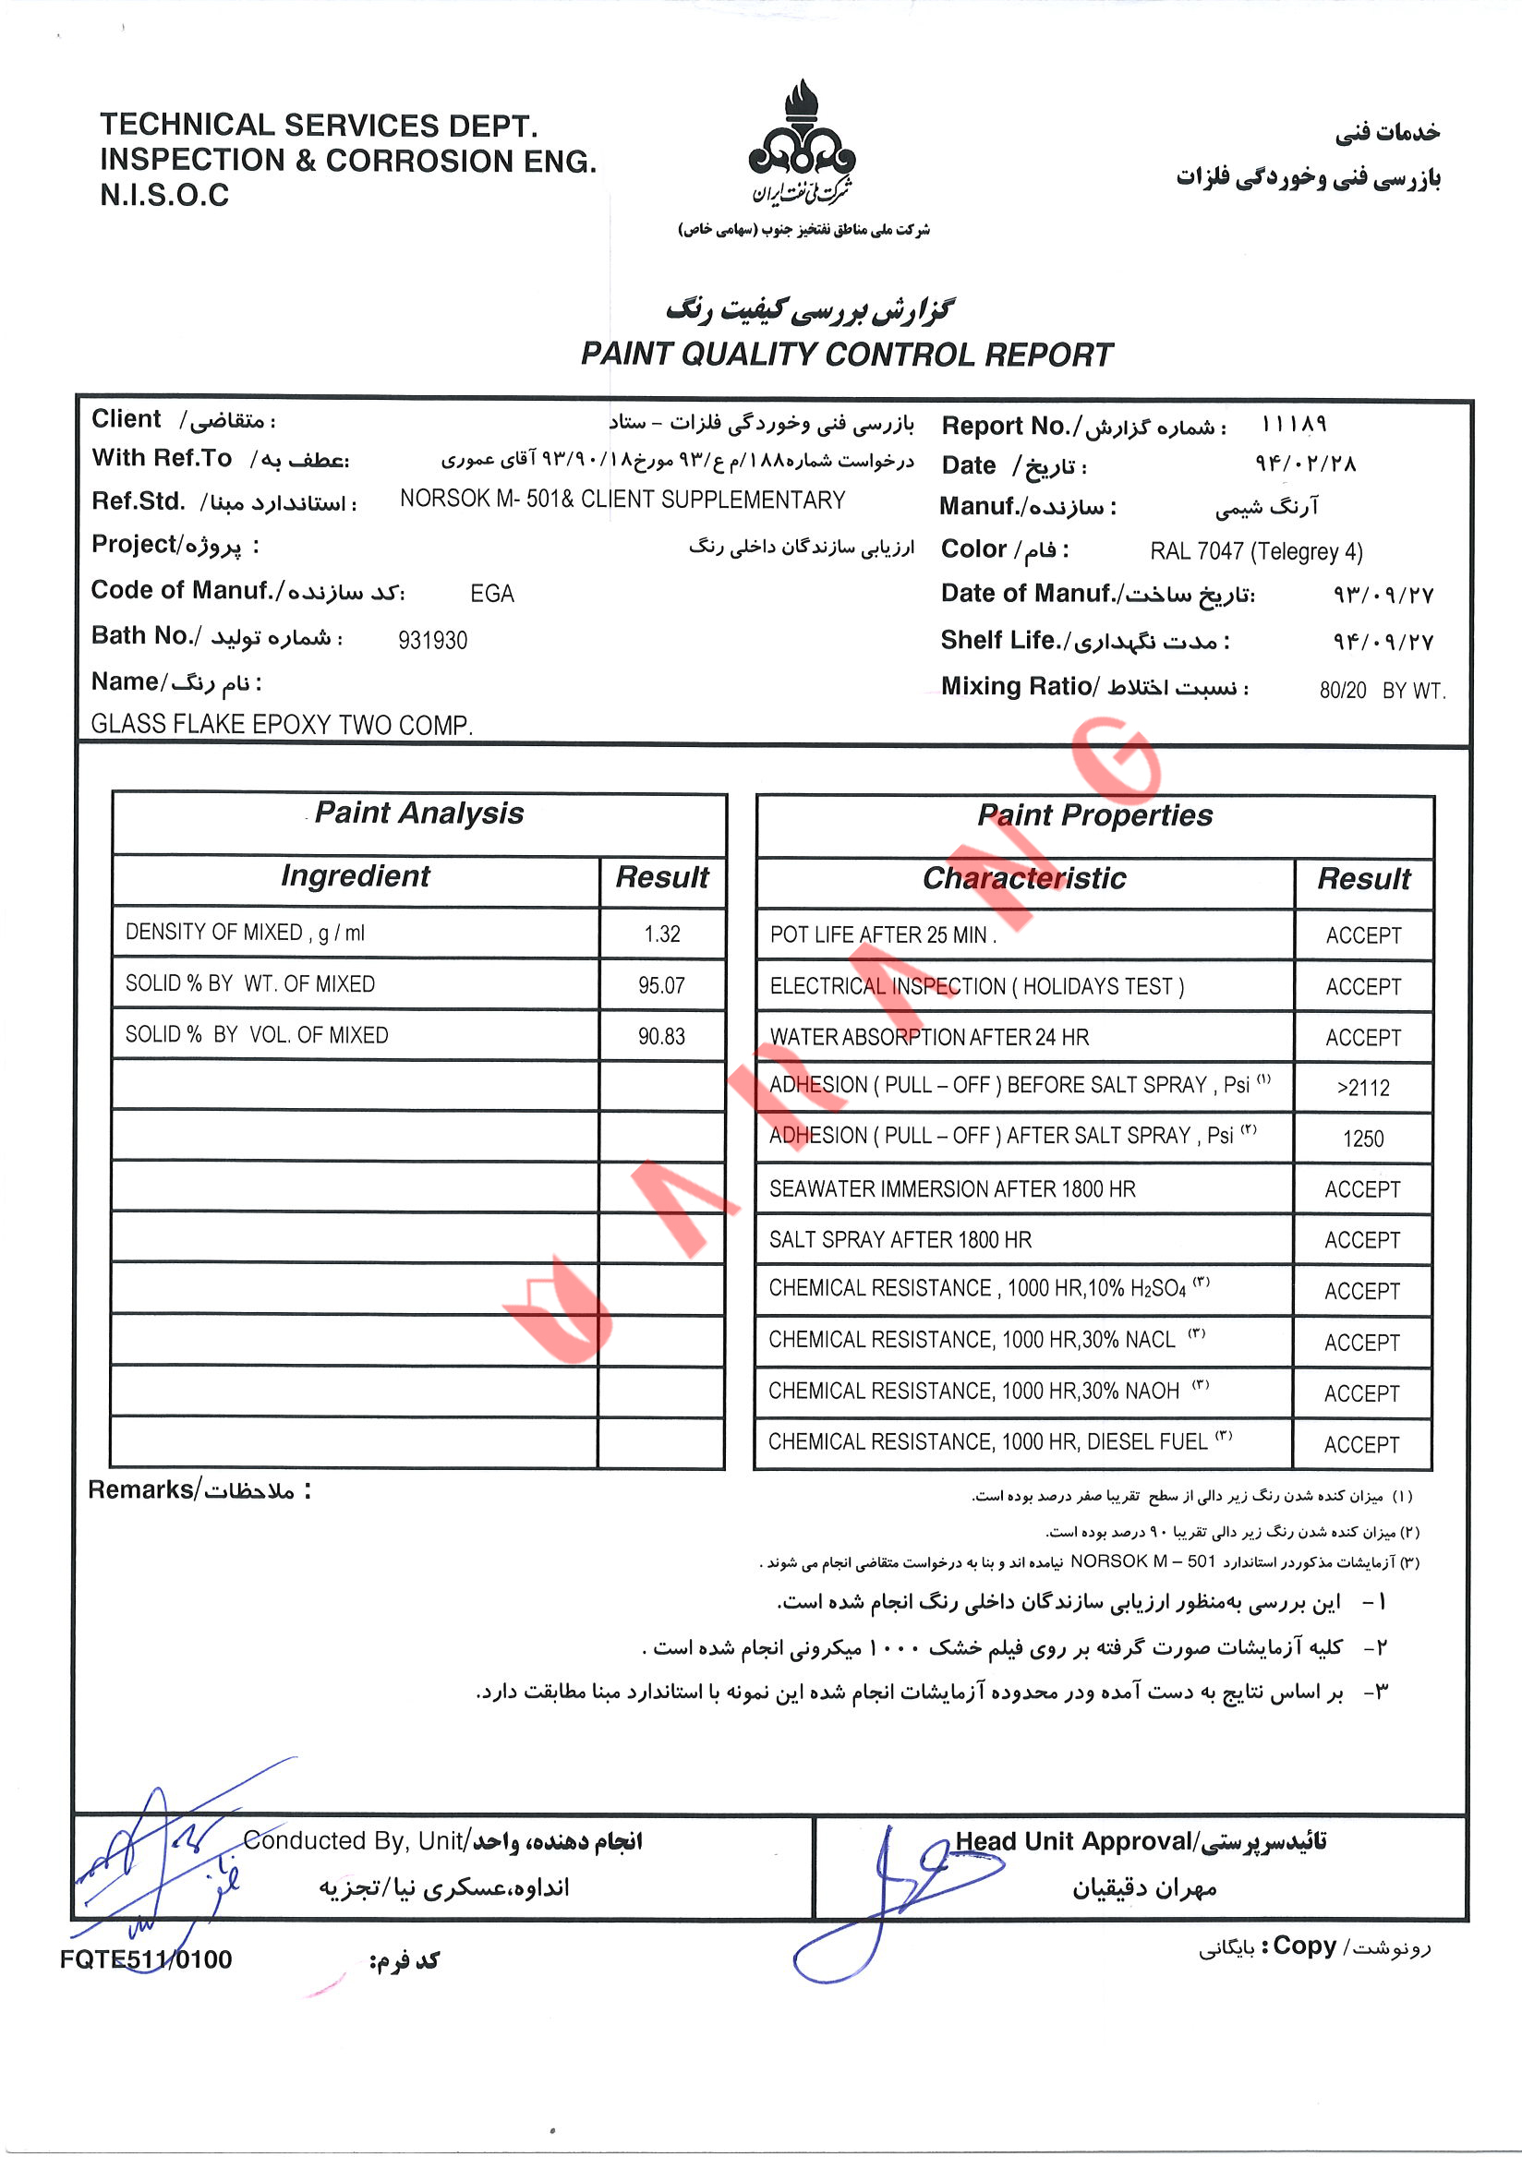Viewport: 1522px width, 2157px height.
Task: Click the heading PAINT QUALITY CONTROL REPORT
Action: tap(846, 355)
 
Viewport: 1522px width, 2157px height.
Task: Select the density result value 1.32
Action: tap(661, 934)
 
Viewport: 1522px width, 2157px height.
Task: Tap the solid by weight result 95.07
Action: tap(661, 985)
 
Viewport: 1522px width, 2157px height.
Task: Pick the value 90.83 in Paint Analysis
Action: tap(661, 1036)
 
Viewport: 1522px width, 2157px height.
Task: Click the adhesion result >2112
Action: tap(1362, 1088)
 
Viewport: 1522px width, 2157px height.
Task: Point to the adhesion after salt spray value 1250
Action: tap(1362, 1139)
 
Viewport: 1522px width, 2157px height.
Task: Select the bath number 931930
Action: tap(432, 641)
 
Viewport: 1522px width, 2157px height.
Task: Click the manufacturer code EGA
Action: tap(491, 594)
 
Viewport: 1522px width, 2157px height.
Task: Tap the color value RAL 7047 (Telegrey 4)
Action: tap(1255, 551)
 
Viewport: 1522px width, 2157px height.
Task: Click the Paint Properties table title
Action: tap(1094, 815)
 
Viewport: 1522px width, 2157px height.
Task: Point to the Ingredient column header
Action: tap(356, 875)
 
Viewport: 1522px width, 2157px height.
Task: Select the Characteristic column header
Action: tap(1024, 878)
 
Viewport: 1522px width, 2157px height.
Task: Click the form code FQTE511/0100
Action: tap(146, 1958)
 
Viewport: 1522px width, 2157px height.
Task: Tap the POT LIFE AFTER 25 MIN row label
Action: tap(882, 934)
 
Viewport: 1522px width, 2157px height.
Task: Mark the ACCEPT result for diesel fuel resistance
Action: tap(1361, 1445)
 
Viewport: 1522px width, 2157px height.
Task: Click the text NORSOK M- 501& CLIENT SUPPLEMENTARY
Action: tap(622, 500)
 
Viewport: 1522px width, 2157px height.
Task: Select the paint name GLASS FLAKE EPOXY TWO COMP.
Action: tap(282, 724)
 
